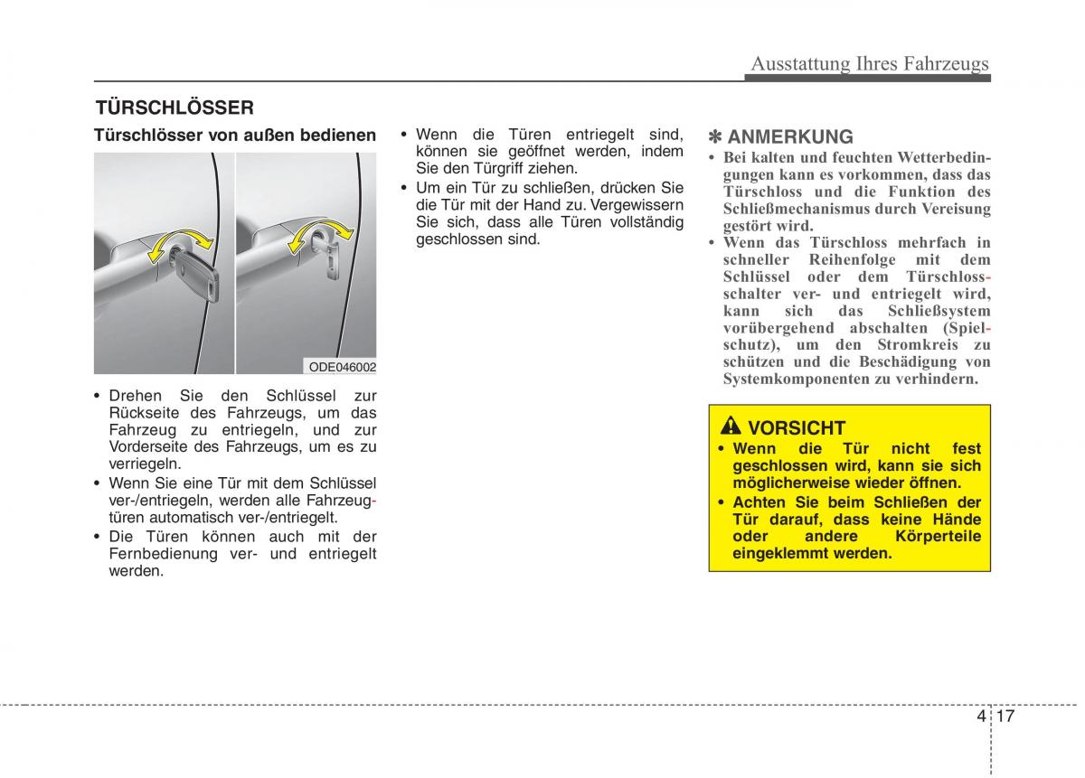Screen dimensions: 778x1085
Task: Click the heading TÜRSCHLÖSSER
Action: pos(175,108)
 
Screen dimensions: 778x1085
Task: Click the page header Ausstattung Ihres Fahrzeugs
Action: pos(870,63)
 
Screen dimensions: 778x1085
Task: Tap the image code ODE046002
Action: pos(343,367)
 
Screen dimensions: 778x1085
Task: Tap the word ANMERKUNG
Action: pos(790,137)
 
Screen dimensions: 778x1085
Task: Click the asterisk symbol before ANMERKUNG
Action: pos(715,137)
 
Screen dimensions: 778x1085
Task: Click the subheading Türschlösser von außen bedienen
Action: pos(235,136)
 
